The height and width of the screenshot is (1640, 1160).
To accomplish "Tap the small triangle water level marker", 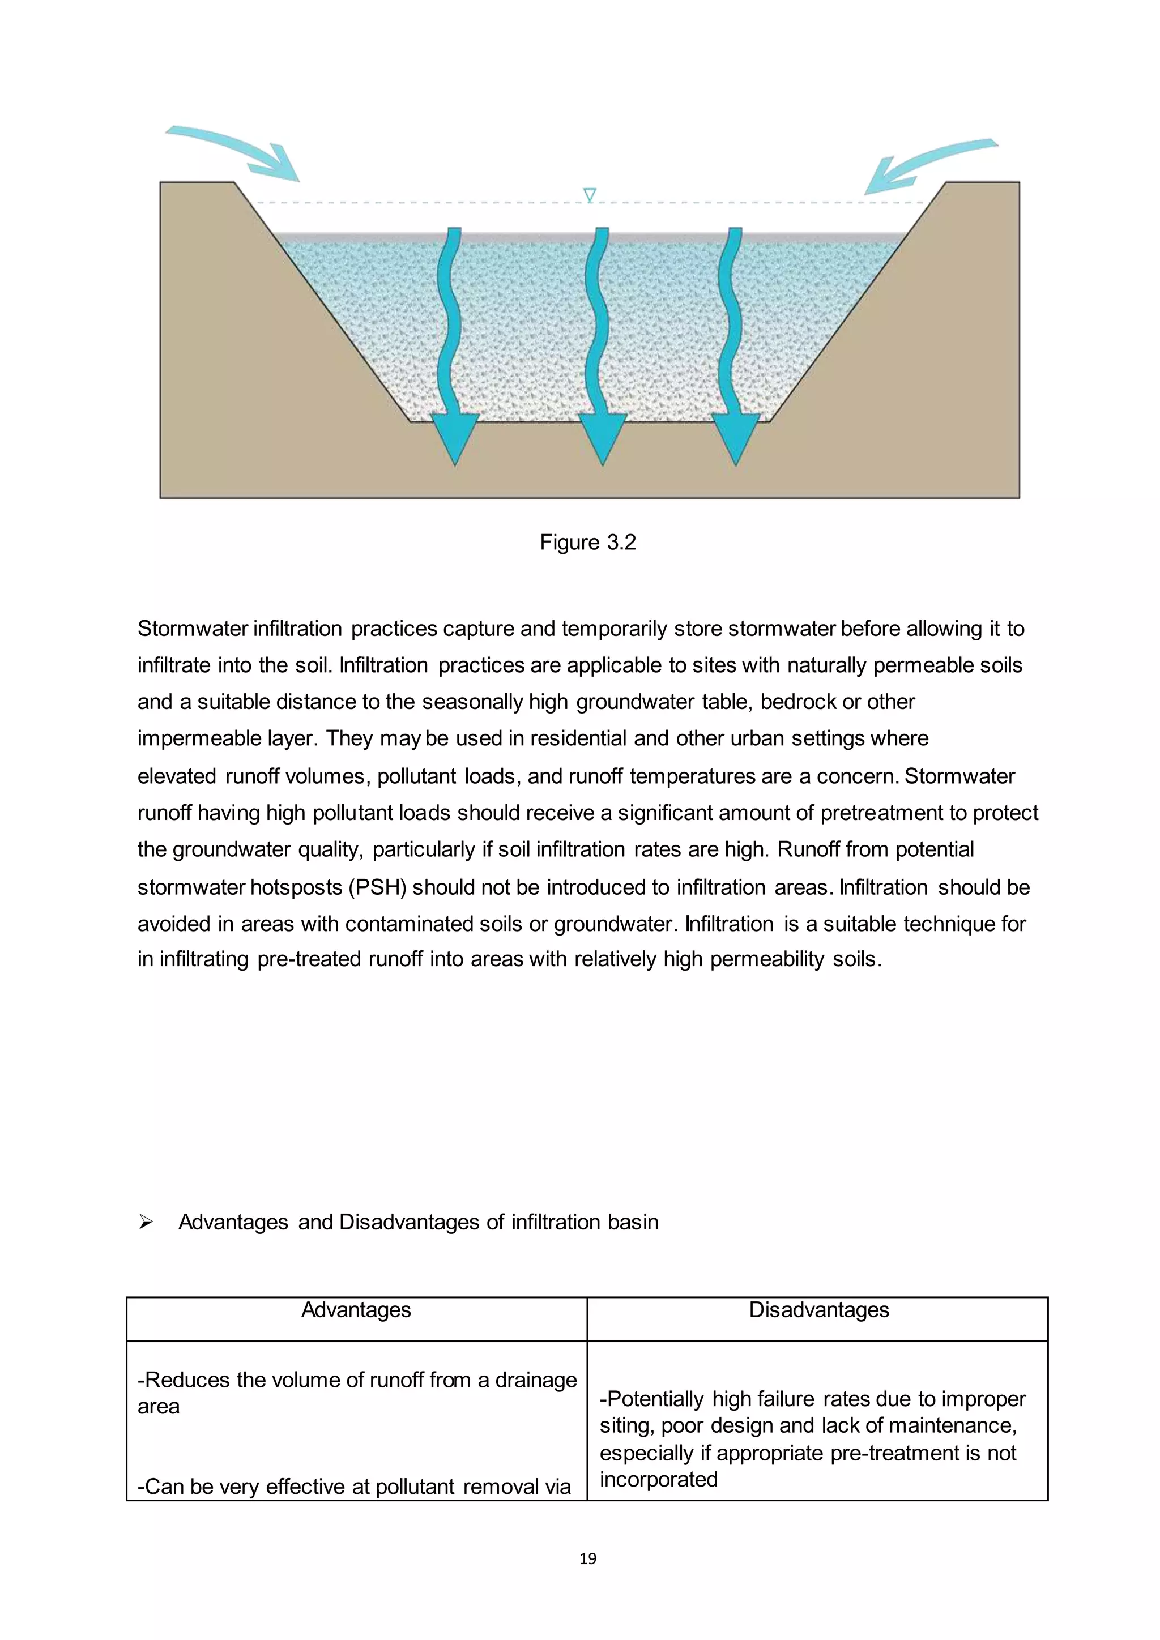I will [589, 194].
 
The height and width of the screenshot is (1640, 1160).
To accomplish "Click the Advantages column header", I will [356, 1309].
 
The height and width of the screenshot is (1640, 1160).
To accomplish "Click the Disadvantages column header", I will [818, 1309].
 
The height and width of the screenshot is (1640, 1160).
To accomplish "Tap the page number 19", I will [588, 1558].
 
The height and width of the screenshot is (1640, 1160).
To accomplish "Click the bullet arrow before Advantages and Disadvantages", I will [146, 1222].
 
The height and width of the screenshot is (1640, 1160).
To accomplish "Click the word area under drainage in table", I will [159, 1407].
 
